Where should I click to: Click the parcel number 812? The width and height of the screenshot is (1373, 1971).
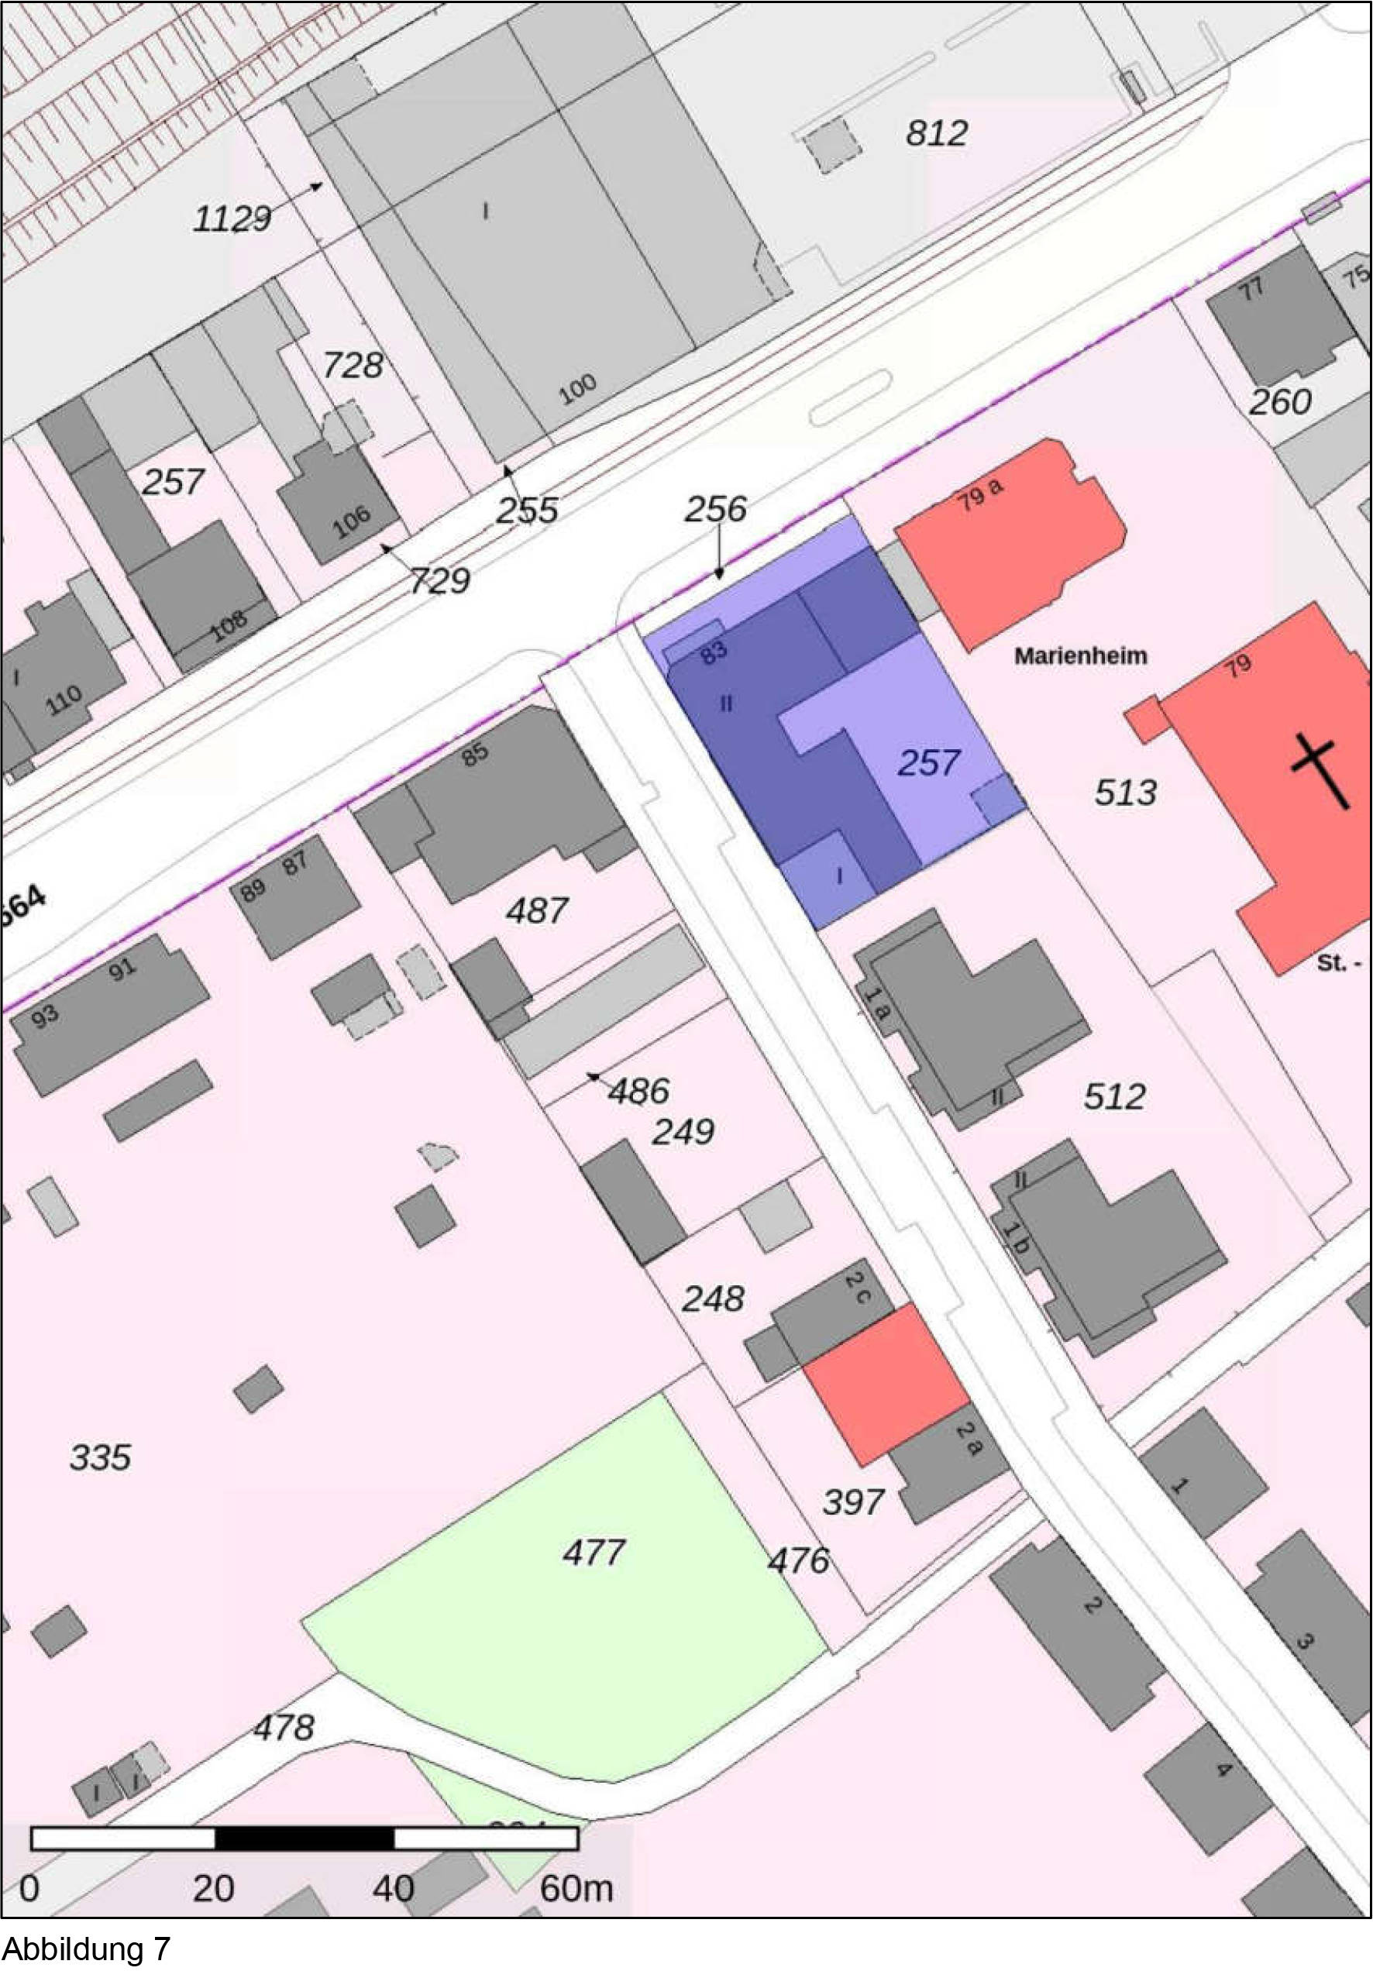click(x=936, y=133)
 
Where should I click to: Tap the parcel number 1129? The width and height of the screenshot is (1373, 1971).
click(x=232, y=219)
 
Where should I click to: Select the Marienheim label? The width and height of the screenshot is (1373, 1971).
click(x=1080, y=656)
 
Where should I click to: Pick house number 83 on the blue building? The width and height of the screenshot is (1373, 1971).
click(x=714, y=652)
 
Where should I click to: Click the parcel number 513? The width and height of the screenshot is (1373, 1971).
click(x=1125, y=793)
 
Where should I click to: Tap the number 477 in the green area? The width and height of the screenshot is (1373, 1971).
click(x=594, y=1552)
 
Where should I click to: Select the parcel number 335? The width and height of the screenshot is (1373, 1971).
click(x=100, y=1457)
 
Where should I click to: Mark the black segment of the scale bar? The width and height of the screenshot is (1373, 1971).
click(x=304, y=1839)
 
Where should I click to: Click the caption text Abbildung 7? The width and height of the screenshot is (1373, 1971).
click(x=86, y=1948)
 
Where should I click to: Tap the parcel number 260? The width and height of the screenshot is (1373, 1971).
click(x=1279, y=402)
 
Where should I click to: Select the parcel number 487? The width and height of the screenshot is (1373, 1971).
click(x=537, y=910)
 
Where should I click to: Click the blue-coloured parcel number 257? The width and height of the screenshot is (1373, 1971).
click(x=928, y=762)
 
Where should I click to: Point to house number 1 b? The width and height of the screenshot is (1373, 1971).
click(x=1016, y=1240)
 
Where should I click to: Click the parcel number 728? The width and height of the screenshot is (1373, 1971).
click(x=352, y=366)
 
